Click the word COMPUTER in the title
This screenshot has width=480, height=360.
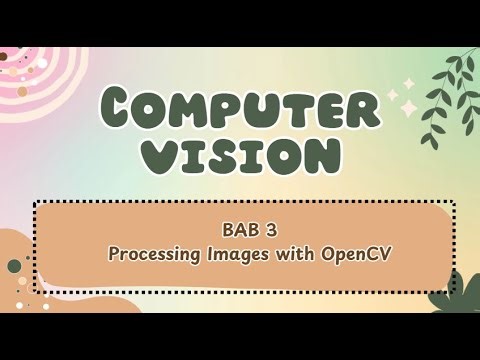click(239, 106)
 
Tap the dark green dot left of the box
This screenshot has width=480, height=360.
click(14, 266)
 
